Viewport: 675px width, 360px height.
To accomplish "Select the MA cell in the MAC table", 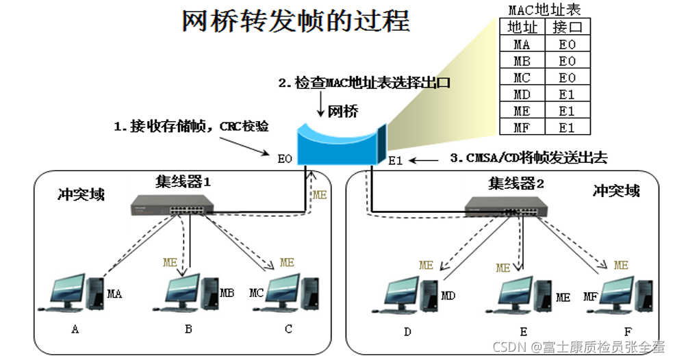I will click(x=522, y=44).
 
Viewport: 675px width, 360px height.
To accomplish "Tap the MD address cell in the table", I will click(x=522, y=94).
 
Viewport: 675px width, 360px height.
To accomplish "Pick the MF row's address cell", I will click(x=522, y=127).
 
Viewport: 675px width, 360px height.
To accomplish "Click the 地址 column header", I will click(x=522, y=27).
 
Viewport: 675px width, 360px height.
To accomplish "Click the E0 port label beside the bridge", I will click(x=285, y=159).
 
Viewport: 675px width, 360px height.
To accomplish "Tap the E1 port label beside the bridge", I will click(x=396, y=162).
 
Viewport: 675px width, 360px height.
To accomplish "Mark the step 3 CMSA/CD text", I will click(x=528, y=158).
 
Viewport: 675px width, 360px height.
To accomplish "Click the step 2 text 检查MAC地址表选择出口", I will click(x=364, y=83).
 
